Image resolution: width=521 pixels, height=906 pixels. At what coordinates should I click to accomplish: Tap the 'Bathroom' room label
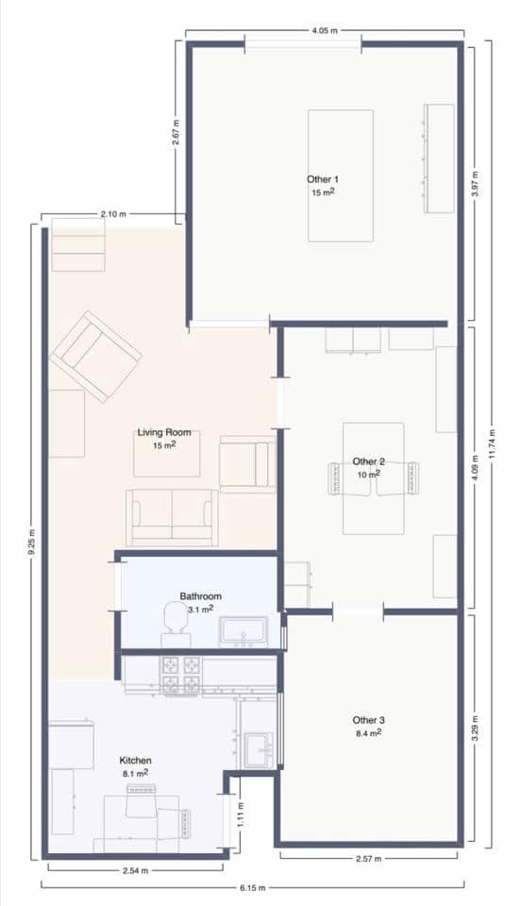click(200, 596)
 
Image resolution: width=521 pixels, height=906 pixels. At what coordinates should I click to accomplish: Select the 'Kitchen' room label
click(135, 761)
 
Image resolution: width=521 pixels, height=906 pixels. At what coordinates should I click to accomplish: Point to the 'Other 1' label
click(323, 179)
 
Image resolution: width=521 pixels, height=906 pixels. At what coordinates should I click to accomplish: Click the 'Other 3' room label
click(367, 720)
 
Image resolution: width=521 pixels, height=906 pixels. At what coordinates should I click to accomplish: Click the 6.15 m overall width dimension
click(252, 887)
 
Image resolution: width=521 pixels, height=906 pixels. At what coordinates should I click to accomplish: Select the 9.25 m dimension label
click(31, 543)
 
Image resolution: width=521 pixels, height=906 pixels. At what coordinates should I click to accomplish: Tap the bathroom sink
click(244, 631)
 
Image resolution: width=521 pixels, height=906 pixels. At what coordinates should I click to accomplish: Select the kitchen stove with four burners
click(181, 674)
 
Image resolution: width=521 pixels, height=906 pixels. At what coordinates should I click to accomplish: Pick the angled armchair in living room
click(96, 356)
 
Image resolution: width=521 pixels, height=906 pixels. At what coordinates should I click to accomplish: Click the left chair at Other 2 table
click(338, 478)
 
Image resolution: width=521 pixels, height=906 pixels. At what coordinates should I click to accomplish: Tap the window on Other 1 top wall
click(302, 43)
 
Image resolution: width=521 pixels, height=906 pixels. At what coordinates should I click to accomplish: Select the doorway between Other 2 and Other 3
click(358, 612)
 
